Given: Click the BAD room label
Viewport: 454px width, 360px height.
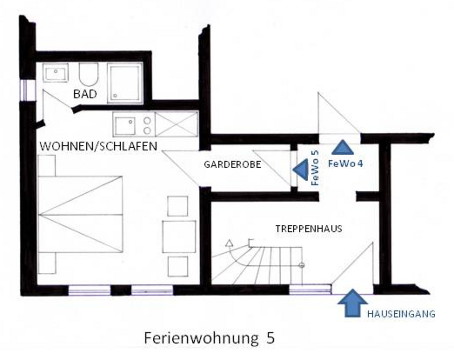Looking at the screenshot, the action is [x=85, y=94].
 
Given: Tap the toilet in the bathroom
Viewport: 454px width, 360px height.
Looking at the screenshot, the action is [x=88, y=74].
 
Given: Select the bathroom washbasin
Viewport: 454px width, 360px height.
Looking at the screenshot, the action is [x=57, y=73].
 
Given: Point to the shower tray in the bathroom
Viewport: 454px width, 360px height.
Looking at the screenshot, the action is [x=125, y=83].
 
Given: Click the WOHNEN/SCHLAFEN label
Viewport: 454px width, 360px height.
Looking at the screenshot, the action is [x=98, y=146].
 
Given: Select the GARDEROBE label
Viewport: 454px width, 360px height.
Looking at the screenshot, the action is [x=232, y=164].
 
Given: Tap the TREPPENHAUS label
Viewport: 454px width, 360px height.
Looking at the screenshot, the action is [x=309, y=229].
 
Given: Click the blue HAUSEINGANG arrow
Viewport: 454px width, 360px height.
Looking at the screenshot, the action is [x=352, y=303].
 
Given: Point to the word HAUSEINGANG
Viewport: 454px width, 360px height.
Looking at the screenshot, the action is [x=401, y=314].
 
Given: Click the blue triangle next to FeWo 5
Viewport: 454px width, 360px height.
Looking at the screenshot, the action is [x=301, y=170].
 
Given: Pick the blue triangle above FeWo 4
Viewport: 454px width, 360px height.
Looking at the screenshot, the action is [x=343, y=147].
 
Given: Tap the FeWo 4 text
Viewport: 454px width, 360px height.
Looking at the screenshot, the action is [x=346, y=164].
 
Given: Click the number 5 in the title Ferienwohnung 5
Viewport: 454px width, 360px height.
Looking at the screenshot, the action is [x=271, y=338].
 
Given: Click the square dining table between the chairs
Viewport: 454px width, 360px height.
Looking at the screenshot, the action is [x=179, y=236].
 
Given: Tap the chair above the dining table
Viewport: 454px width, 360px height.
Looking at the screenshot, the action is [x=177, y=206].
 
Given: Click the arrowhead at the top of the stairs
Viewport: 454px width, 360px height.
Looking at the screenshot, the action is [x=229, y=243].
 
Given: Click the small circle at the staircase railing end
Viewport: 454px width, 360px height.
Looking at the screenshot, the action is [x=302, y=266].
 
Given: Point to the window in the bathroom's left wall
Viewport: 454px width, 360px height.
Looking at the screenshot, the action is [x=24, y=90].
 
